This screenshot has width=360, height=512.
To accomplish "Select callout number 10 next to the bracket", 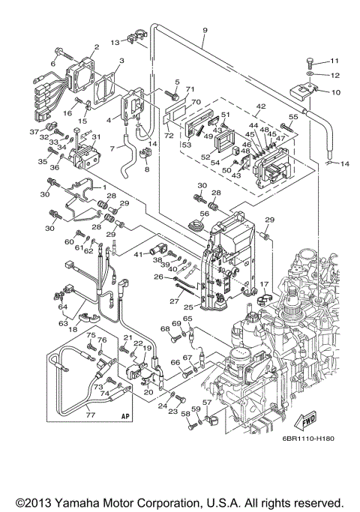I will (334, 92).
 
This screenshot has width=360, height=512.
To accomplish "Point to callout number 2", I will (96, 47).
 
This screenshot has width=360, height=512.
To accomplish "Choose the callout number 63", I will (64, 324).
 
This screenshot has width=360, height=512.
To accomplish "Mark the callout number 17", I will (264, 284).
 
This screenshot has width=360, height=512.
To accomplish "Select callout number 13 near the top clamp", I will (115, 42).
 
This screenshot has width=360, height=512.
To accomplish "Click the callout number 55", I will (293, 118).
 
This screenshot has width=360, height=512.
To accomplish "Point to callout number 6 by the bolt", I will (52, 64).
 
